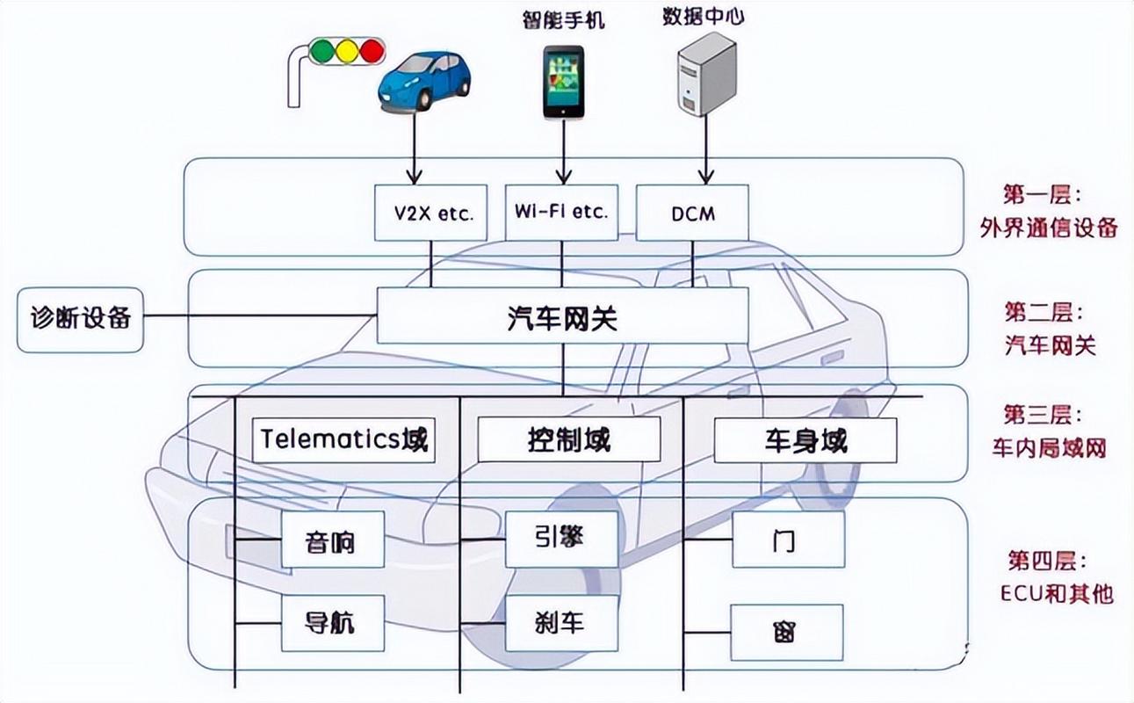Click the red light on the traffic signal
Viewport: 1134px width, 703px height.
[372, 50]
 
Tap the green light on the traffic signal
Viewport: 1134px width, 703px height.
[324, 50]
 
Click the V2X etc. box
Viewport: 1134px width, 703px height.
[430, 213]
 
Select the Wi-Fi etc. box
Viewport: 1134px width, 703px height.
[561, 212]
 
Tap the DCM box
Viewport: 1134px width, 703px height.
[691, 213]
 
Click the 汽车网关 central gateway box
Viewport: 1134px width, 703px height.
[562, 315]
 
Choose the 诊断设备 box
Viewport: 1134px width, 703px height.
[80, 319]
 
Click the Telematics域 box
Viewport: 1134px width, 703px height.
[344, 439]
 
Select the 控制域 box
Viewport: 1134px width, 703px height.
[568, 439]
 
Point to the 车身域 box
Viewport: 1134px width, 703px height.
[805, 440]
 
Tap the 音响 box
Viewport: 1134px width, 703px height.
[332, 540]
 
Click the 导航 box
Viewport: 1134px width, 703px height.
[332, 623]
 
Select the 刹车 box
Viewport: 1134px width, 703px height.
[561, 623]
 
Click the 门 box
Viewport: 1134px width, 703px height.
[787, 540]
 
